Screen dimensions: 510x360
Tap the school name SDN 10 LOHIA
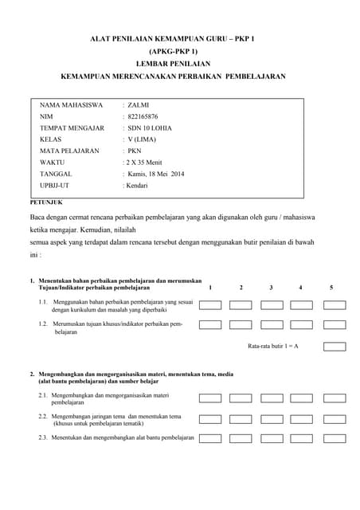pyautogui.click(x=149, y=127)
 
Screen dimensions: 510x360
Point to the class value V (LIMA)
pyautogui.click(x=144, y=139)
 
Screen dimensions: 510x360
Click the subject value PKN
pyautogui.click(x=135, y=150)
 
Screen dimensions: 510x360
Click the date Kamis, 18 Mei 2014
pyautogui.click(x=155, y=173)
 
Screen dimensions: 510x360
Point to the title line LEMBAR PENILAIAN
pyautogui.click(x=180, y=63)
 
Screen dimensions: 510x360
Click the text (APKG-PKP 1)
pyautogui.click(x=180, y=50)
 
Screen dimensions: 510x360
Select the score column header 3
pyautogui.click(x=271, y=287)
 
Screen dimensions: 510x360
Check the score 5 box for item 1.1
pyautogui.click(x=335, y=304)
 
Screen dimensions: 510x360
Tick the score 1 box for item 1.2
pyautogui.click(x=210, y=325)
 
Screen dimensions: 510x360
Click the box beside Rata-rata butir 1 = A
pyautogui.click(x=335, y=347)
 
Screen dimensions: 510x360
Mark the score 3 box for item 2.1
pyautogui.click(x=272, y=397)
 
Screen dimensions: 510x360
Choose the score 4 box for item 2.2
pyautogui.click(x=302, y=418)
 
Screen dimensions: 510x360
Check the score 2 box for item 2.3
pyautogui.click(x=241, y=438)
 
